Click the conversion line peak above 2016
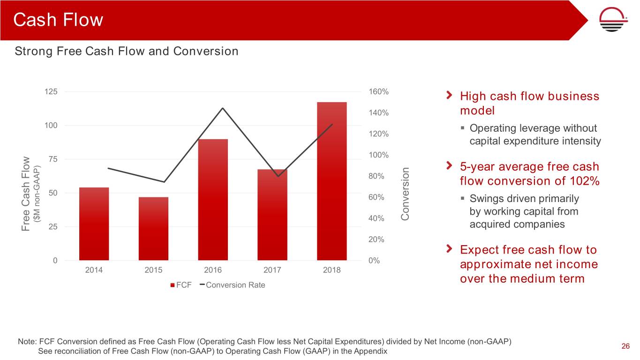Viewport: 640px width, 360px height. pyautogui.click(x=223, y=108)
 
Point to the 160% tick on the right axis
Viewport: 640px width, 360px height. pyautogui.click(x=378, y=91)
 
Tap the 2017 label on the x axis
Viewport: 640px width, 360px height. pyautogui.click(x=272, y=270)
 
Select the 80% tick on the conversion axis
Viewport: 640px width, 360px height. pyautogui.click(x=376, y=176)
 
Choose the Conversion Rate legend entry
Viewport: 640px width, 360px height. pyautogui.click(x=232, y=285)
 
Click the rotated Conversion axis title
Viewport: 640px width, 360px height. pyautogui.click(x=405, y=195)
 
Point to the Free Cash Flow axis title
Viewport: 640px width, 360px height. pyautogui.click(x=26, y=194)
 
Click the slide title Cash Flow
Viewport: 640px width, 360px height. pyautogui.click(x=58, y=20)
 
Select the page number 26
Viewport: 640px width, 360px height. pyautogui.click(x=625, y=346)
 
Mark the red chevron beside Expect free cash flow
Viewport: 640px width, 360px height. pyautogui.click(x=450, y=247)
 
